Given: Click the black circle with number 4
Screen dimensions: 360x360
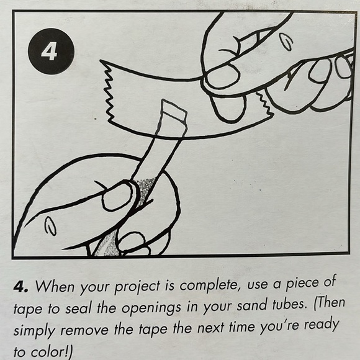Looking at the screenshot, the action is pyautogui.click(x=51, y=51).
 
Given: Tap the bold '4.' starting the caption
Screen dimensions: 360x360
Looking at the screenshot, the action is pyautogui.click(x=21, y=287).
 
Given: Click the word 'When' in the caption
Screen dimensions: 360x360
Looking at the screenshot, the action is pyautogui.click(x=55, y=286).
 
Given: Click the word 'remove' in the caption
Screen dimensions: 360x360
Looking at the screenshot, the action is pyautogui.click(x=84, y=330).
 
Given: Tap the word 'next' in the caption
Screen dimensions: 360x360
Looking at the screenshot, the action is pyautogui.click(x=210, y=327).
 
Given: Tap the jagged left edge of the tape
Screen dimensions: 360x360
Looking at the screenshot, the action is pyautogui.click(x=109, y=91).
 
